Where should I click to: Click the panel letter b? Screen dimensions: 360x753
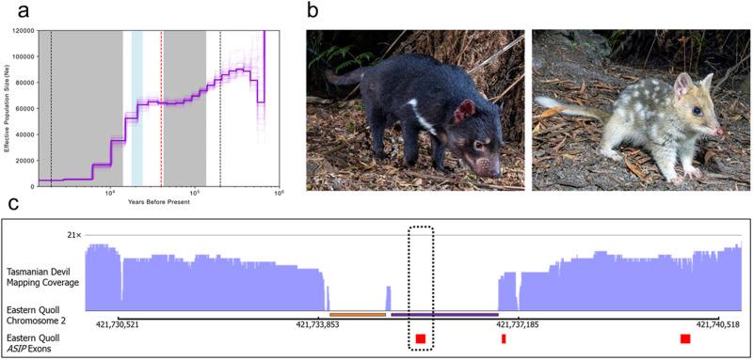pyautogui.click(x=313, y=10)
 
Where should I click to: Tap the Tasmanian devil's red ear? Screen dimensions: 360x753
pyautogui.click(x=464, y=113)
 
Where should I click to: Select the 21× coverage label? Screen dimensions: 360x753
pyautogui.click(x=73, y=234)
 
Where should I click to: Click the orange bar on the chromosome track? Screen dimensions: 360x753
pyautogui.click(x=358, y=314)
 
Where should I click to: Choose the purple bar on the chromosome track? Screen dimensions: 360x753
pyautogui.click(x=443, y=314)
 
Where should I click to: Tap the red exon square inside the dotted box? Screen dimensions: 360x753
pyautogui.click(x=420, y=338)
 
